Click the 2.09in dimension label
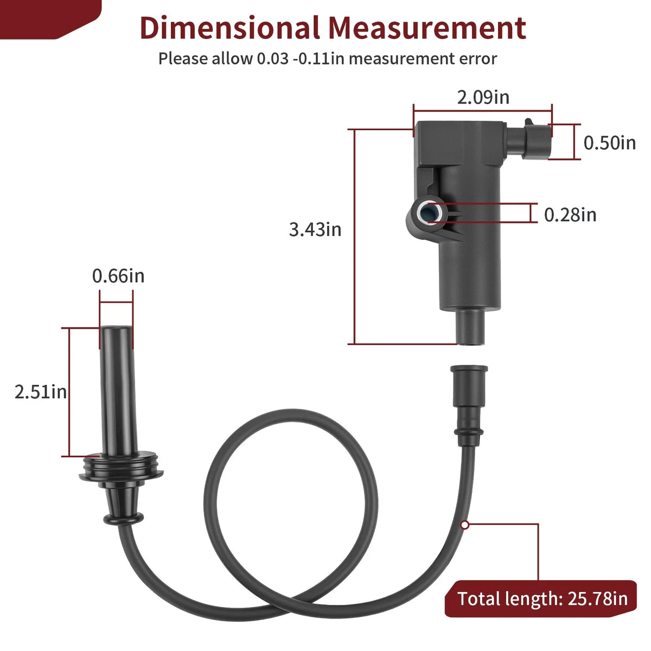coord(483,97)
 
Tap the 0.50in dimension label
coord(609,143)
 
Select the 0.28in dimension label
coord(570,215)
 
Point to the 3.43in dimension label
coord(315,229)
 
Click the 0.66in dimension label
coord(118,276)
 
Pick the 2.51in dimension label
coord(41,392)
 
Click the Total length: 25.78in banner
coord(540,599)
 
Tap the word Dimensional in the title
coord(229,28)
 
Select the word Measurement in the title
coord(427,28)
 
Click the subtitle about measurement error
coord(327,59)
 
